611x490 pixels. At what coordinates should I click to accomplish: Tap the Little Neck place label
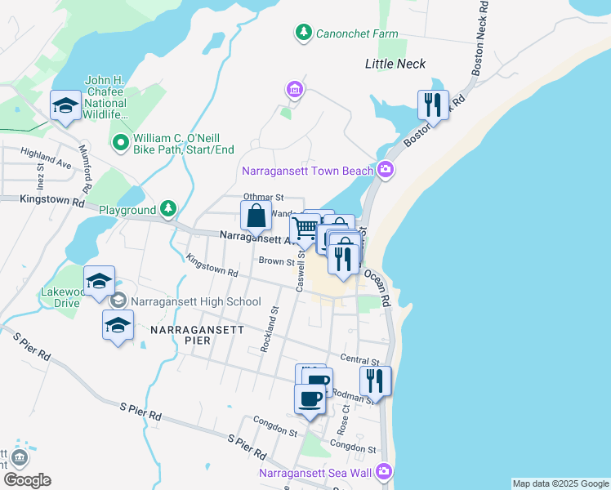[395, 64]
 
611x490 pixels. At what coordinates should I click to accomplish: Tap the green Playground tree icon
[167, 209]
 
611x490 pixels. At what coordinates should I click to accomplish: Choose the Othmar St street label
[263, 197]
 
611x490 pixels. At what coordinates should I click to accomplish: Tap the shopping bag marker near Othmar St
[256, 216]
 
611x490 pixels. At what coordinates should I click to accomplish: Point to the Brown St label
[276, 261]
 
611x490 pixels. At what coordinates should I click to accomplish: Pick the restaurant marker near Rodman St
[375, 381]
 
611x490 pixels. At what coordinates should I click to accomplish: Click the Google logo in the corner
[27, 480]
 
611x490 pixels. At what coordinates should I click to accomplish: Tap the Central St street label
[360, 360]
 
